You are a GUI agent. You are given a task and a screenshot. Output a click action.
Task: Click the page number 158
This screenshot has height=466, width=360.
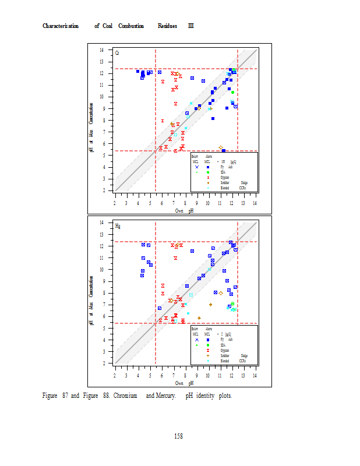179,436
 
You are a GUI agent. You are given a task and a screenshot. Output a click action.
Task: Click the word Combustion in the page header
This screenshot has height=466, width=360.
131,26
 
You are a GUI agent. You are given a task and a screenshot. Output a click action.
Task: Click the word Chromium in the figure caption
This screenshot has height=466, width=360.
125,396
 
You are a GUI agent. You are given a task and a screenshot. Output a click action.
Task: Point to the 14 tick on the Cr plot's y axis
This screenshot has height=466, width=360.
102,50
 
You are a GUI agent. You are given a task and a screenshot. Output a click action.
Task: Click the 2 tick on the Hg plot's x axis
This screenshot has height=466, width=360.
115,375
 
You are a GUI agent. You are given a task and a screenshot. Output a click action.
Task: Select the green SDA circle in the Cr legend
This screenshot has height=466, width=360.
208,172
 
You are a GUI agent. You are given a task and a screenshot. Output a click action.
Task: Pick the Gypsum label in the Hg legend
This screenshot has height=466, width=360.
224,350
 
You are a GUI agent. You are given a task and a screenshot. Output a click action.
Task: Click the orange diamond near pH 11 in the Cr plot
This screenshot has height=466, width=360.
221,148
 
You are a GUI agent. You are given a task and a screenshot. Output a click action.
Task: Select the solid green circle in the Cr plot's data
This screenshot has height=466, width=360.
232,93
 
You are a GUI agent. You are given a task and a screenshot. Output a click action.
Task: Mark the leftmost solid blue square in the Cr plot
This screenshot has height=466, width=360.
138,71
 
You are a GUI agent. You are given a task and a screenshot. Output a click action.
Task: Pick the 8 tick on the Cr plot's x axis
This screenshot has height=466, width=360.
185,203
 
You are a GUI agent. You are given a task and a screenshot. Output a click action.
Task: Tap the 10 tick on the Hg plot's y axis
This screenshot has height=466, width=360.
102,270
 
